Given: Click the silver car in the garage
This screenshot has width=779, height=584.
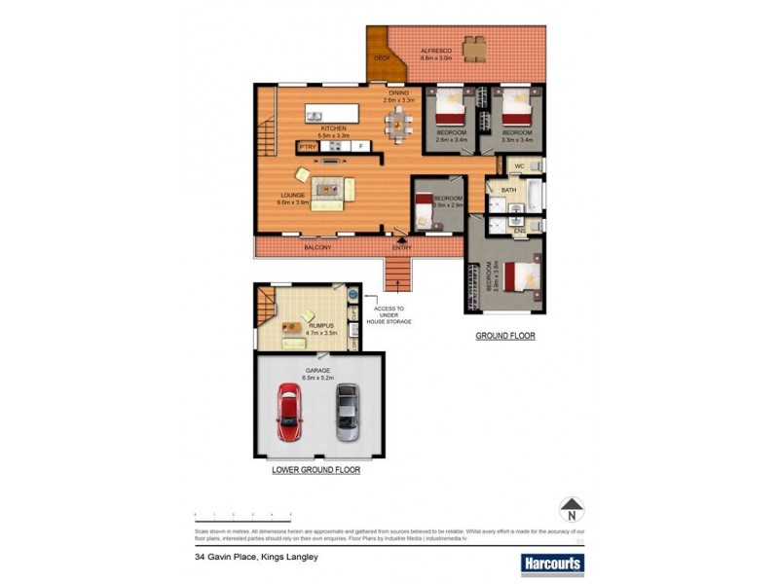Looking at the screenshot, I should pyautogui.click(x=347, y=413).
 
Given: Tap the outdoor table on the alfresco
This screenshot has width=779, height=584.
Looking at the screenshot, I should pyautogui.click(x=474, y=47).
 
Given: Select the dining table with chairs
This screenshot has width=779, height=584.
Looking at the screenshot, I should pyautogui.click(x=397, y=122).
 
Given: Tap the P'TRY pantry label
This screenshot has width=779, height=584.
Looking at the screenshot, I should pyautogui.click(x=308, y=146).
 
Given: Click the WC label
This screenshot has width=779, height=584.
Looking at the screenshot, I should pyautogui.click(x=519, y=167).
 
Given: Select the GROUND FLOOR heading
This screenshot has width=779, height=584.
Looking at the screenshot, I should pyautogui.click(x=504, y=336).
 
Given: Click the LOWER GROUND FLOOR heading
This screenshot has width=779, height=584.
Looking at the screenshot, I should pyautogui.click(x=315, y=469).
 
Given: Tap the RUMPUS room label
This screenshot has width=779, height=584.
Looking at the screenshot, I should pyautogui.click(x=322, y=326).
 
